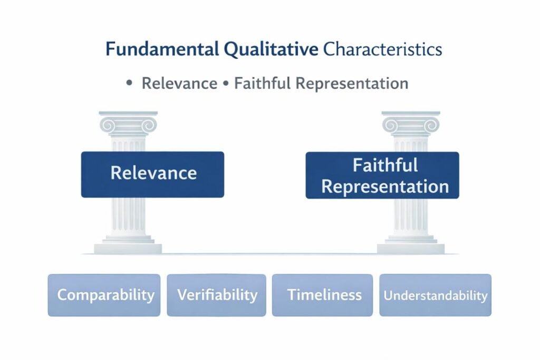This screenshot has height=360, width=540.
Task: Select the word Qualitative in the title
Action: (x=271, y=50)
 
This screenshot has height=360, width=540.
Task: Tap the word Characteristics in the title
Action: (x=382, y=50)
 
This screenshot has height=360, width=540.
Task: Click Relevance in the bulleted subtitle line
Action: (x=179, y=83)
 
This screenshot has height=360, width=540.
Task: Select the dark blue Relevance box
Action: (x=152, y=174)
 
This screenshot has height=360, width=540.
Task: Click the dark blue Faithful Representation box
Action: (x=382, y=175)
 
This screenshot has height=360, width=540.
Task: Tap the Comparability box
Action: (x=104, y=295)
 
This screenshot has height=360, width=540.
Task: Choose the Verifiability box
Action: (x=217, y=295)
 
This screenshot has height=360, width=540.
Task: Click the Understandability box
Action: (x=435, y=295)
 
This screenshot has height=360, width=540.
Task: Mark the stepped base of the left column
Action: (x=128, y=245)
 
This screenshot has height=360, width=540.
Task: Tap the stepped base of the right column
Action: (x=411, y=245)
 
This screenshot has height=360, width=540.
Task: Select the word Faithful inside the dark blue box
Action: (x=385, y=165)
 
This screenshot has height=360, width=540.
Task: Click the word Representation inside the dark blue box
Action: (x=385, y=186)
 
